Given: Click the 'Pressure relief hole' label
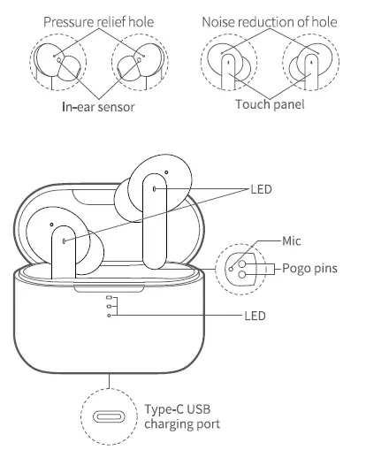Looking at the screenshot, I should (94, 19).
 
